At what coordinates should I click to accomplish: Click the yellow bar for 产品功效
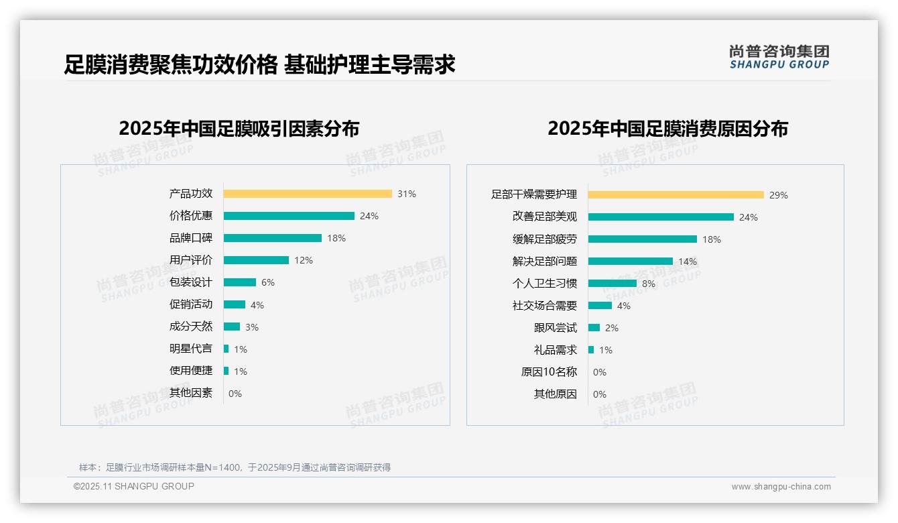[x=308, y=194]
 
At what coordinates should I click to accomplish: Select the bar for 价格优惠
[x=289, y=216]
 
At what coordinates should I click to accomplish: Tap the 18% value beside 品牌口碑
[x=336, y=238]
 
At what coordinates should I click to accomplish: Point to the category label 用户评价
[x=191, y=260]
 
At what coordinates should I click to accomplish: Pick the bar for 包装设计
[x=240, y=282]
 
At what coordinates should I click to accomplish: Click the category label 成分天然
[x=191, y=327]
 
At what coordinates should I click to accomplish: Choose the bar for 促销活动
[x=235, y=304]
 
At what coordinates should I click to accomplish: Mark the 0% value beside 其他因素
[x=235, y=394]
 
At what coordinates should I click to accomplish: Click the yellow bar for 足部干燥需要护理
[x=676, y=195]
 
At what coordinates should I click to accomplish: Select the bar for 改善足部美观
[x=661, y=217]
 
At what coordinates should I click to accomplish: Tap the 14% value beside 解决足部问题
[x=688, y=261]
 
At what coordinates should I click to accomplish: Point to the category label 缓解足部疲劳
[x=545, y=239]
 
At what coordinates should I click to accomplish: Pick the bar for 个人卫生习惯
[x=613, y=284]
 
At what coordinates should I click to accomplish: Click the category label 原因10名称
[x=549, y=372]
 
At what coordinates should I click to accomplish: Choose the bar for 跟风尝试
[x=594, y=328]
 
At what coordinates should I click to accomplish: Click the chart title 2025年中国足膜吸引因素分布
[x=239, y=129]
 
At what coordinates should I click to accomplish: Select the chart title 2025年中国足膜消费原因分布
[x=667, y=129]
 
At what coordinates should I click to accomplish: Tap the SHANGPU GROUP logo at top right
[x=779, y=57]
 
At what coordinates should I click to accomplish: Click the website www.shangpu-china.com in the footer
[x=781, y=487]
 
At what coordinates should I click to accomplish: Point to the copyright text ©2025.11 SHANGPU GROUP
[x=134, y=486]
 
